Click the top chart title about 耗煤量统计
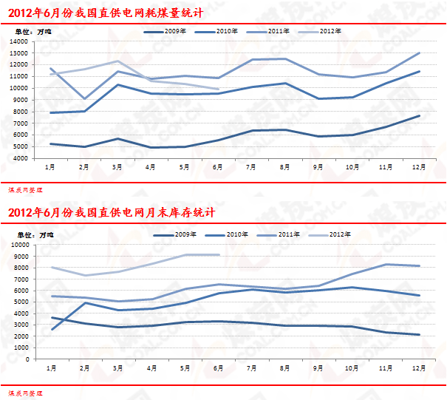tap(106, 13)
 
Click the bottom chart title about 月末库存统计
tap(112, 214)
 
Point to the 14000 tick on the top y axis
tap(19, 41)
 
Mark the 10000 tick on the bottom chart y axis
tap(19, 244)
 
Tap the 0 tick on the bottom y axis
tap(28, 359)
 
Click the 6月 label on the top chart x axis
tap(218, 168)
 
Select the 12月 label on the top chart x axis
tap(419, 168)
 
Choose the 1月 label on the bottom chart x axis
tap(51, 368)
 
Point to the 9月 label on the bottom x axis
tap(318, 368)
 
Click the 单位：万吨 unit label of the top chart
tap(31, 33)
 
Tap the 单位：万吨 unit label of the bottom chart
tap(31, 235)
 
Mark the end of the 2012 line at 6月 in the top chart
tap(219, 89)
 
